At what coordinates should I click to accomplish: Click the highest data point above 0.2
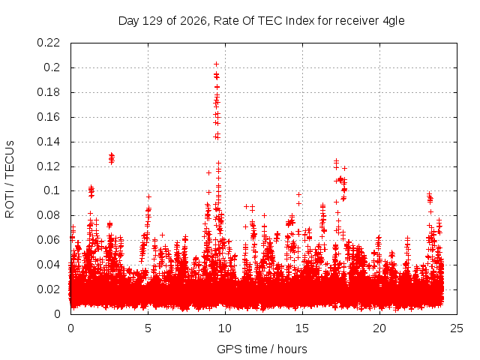[217, 64]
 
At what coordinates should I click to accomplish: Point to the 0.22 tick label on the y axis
[48, 43]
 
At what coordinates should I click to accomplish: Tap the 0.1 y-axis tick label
[52, 190]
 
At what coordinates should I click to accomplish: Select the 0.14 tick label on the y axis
[48, 142]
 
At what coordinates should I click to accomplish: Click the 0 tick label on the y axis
[57, 314]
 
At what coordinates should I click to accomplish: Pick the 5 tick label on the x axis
[148, 328]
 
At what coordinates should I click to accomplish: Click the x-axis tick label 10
[225, 328]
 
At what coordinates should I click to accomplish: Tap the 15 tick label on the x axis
[302, 328]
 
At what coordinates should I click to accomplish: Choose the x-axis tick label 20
[379, 328]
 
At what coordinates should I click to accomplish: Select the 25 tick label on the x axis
[457, 328]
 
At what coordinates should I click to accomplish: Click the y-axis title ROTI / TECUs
[10, 179]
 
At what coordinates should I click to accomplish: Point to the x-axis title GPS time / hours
[262, 349]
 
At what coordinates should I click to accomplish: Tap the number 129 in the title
[153, 21]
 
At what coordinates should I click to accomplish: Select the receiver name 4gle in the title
[394, 22]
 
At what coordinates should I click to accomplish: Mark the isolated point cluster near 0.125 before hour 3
[112, 158]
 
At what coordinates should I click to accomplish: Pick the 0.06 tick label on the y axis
[48, 240]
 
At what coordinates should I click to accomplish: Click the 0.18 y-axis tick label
[48, 92]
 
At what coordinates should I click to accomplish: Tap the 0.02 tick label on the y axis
[48, 289]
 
